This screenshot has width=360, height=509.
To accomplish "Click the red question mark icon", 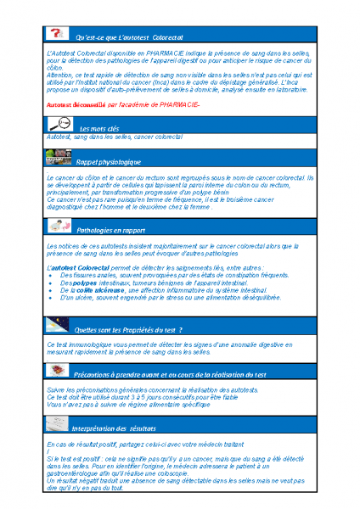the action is pos(56,34).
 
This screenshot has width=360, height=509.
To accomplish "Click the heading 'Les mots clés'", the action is pos(98,127).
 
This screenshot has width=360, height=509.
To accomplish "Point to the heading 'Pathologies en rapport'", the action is pos(110,230).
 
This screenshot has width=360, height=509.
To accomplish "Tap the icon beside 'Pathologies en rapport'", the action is pos(58,227).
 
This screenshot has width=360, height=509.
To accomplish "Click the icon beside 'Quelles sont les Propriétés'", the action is pos(58,326).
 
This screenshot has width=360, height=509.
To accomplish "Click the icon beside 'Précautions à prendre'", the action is pos(58,372).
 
